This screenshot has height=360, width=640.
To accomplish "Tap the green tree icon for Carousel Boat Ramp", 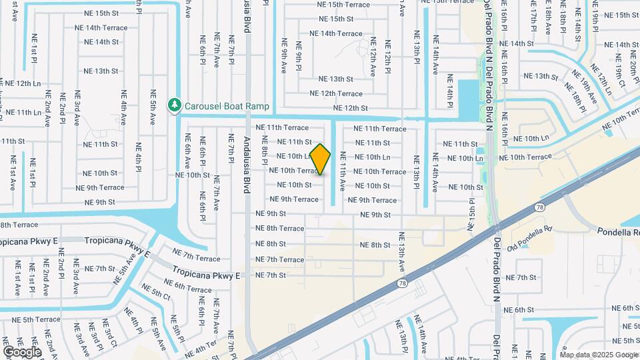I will pos(175,105).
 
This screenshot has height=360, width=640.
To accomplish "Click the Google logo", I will pos(22,351).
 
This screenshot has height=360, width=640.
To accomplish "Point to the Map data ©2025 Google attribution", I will pos(599,355).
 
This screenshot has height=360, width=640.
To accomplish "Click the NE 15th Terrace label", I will pos(344,5).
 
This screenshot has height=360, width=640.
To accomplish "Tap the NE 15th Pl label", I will pos(472,211).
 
